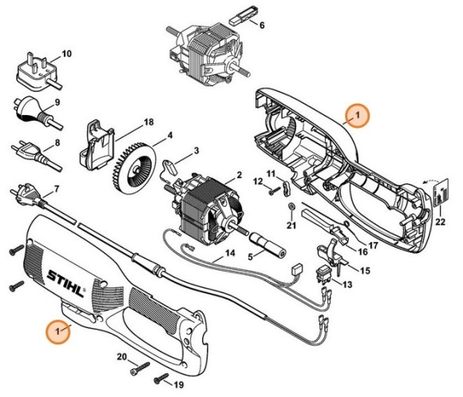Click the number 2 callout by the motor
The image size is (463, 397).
pyautogui.click(x=239, y=175)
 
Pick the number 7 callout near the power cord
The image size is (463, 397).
pyautogui.click(x=55, y=190)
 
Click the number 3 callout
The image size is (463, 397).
pyautogui.click(x=196, y=150)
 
